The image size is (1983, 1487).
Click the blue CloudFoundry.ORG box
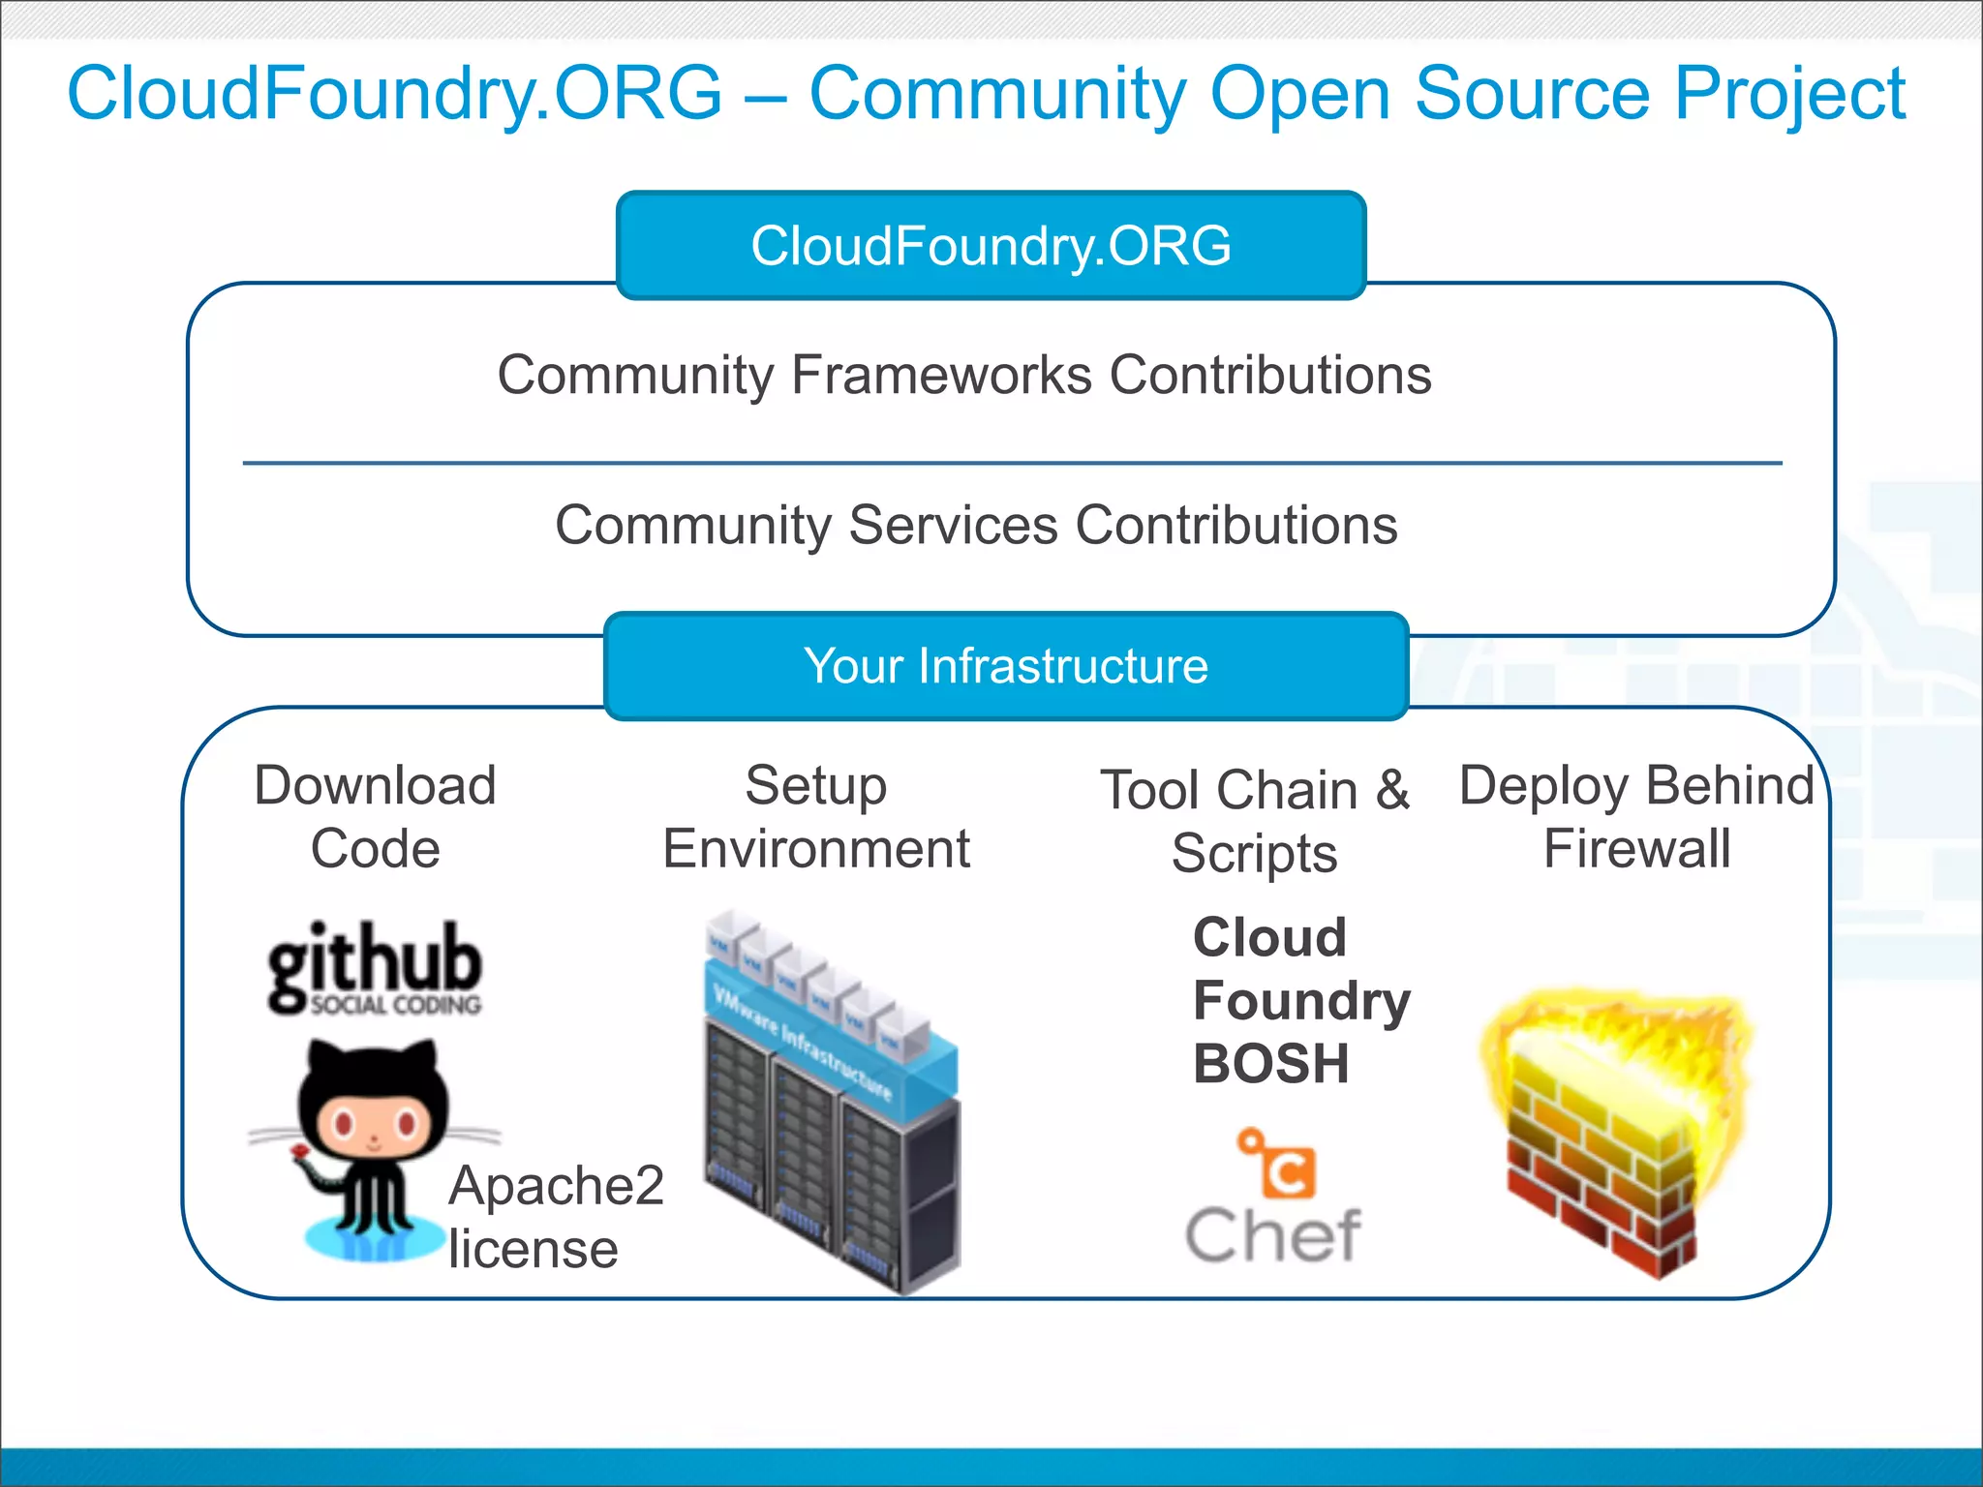pos(991,245)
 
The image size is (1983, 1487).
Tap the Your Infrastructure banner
pos(1005,666)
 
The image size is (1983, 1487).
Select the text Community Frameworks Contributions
pos(964,376)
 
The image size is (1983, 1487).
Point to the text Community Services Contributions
pos(976,526)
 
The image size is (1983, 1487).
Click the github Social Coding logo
pos(375,968)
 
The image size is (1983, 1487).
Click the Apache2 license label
pos(555,1217)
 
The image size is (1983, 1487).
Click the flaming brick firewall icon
pos(1612,1128)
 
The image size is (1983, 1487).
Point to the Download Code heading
pos(375,817)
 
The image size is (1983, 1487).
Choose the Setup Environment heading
pos(816,817)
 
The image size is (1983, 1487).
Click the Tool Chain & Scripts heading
pos(1255,821)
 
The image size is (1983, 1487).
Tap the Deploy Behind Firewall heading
pos(1636,817)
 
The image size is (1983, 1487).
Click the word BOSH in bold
pos(1271,1064)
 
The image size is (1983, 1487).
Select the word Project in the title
pos(1789,94)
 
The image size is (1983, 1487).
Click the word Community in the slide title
pos(997,94)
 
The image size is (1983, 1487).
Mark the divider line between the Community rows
pos(1012,464)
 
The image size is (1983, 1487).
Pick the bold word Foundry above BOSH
pos(1301,1000)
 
